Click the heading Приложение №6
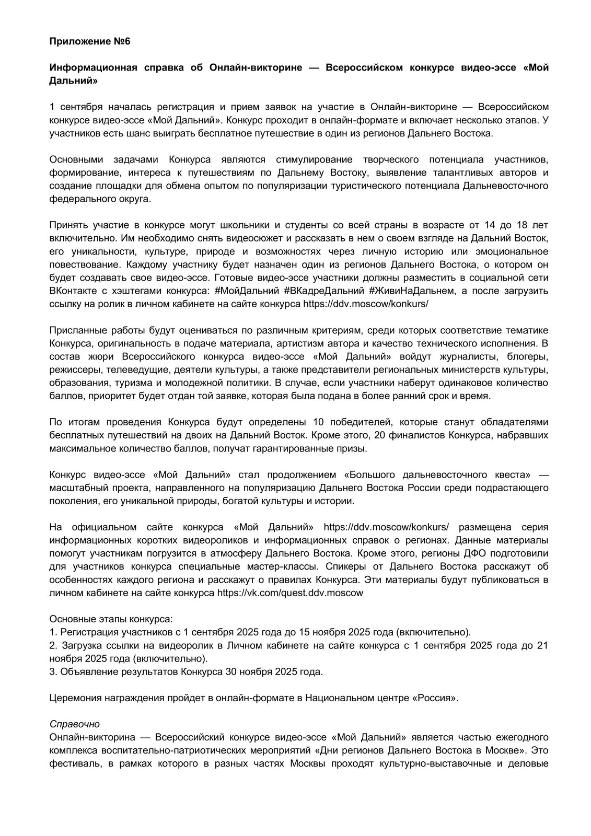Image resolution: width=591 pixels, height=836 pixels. point(89,42)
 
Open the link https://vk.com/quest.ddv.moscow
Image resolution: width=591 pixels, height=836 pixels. point(290,593)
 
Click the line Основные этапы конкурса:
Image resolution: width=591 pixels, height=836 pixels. point(111,619)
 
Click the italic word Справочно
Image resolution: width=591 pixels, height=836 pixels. point(74,725)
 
